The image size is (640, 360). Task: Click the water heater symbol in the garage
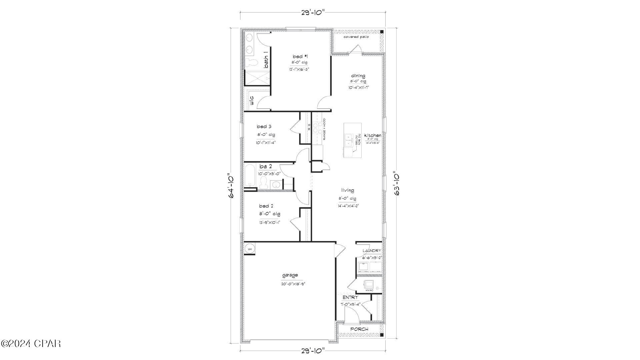point(249,249)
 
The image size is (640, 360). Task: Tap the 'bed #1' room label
point(298,57)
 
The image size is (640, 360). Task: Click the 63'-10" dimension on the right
point(397,184)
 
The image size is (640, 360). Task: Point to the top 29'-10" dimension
point(313,13)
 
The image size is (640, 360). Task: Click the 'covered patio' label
point(356,37)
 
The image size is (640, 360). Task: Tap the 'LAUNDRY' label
point(372,251)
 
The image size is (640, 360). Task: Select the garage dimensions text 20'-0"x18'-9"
point(293,284)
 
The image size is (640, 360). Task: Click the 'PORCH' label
point(359,329)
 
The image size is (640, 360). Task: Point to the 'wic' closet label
point(252,100)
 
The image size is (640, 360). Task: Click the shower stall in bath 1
point(257,79)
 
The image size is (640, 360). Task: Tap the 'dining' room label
point(358,76)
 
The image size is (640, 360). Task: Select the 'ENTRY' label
point(350,297)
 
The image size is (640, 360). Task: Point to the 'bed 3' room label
point(264,127)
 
